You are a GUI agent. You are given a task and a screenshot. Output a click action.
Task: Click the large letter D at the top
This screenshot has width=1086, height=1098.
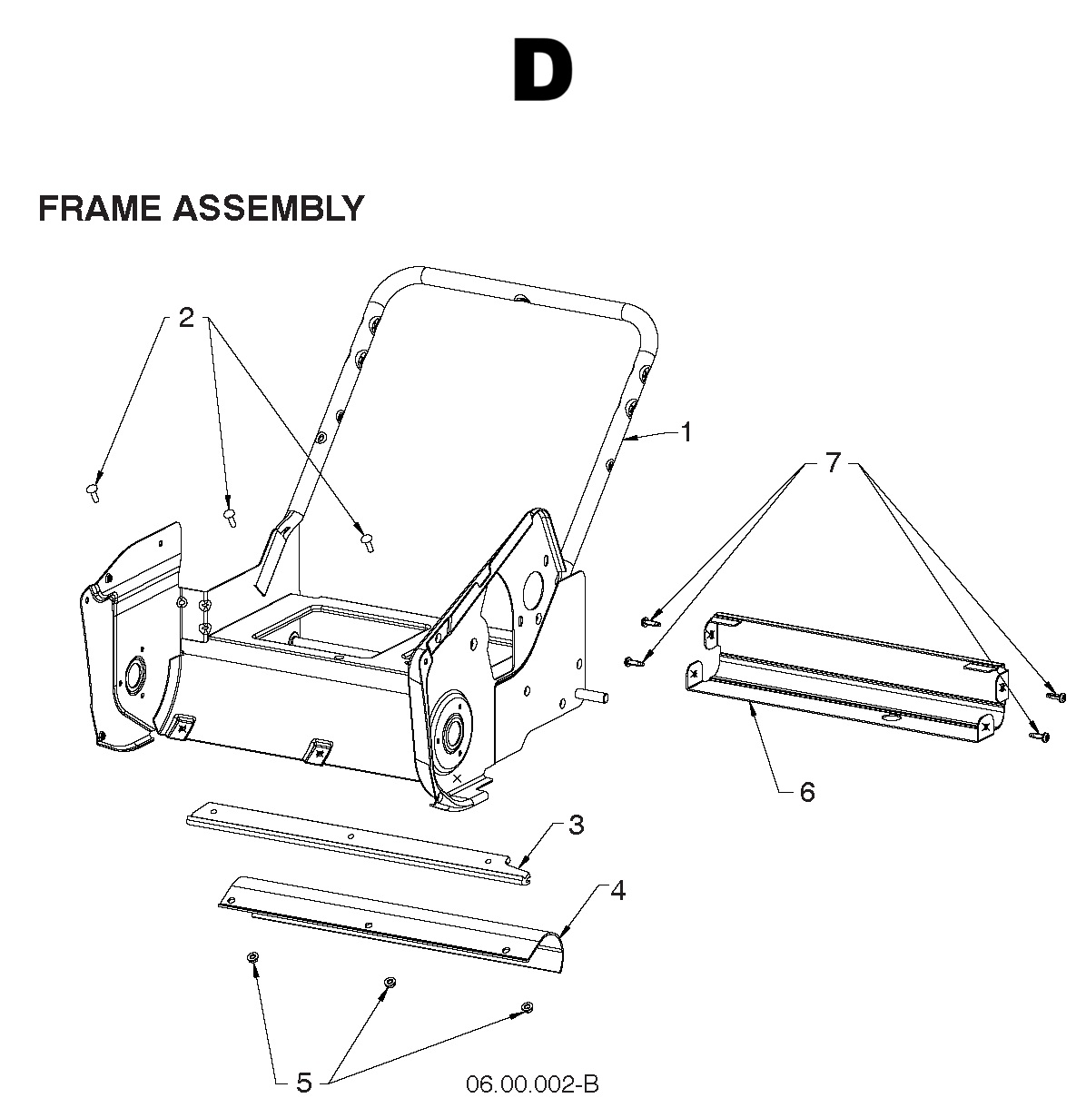[542, 70]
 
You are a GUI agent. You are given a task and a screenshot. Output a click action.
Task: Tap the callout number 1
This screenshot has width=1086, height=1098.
[686, 433]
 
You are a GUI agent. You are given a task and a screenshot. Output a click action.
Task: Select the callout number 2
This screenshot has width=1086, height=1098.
[186, 318]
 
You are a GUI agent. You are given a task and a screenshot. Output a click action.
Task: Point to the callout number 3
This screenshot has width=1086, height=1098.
[576, 826]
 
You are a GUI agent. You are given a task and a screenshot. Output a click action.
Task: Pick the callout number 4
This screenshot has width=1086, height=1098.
[617, 891]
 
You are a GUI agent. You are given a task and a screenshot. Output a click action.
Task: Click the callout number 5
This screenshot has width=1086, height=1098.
[304, 1083]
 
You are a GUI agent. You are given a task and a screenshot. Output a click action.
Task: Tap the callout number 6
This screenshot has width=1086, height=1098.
[806, 793]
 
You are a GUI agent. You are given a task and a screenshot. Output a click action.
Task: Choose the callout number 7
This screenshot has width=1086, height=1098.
[834, 463]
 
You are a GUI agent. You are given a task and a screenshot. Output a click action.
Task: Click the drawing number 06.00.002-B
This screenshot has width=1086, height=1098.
[532, 1083]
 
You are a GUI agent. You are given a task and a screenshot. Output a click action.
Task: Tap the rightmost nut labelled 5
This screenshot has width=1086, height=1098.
[527, 1006]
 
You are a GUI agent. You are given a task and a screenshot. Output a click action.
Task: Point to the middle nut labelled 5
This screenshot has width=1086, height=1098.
[390, 983]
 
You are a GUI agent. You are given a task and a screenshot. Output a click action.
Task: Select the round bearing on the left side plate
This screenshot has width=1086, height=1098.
[136, 675]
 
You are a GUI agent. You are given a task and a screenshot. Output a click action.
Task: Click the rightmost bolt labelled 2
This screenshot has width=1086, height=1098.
[367, 541]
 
